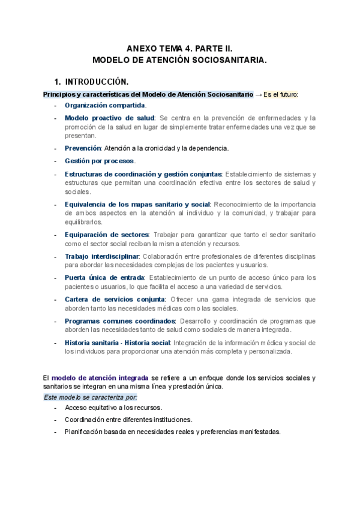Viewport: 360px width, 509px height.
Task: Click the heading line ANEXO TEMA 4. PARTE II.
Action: (179, 48)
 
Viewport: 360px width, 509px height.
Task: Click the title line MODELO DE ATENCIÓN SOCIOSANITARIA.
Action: (179, 60)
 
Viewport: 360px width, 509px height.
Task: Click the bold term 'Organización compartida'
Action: (104, 106)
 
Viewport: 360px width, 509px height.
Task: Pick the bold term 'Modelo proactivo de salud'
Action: (109, 118)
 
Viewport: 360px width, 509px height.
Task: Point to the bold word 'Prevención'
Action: (83, 148)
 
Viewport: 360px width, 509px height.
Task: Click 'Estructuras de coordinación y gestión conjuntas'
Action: (143, 174)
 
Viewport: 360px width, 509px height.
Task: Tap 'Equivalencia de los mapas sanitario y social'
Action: (137, 203)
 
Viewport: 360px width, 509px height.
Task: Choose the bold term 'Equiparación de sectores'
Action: (106, 234)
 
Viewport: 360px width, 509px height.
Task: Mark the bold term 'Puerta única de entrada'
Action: (104, 277)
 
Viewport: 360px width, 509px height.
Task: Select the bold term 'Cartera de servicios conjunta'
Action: (115, 299)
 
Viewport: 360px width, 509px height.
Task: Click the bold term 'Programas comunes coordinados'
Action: (120, 321)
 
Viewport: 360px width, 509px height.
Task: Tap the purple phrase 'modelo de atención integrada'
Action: (100, 378)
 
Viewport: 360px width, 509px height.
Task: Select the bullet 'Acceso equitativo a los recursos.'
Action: (113, 408)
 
